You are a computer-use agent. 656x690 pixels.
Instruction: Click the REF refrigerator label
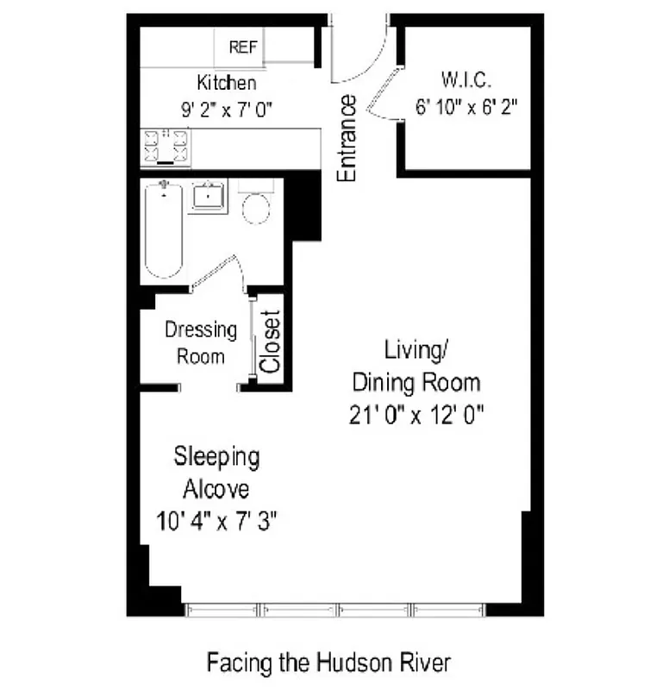coord(243,48)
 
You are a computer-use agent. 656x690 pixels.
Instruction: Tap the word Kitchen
coord(227,84)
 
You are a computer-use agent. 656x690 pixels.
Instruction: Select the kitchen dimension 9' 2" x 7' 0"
coord(227,109)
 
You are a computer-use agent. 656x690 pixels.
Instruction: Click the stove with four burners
coord(166,147)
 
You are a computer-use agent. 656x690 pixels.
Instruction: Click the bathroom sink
coord(208,198)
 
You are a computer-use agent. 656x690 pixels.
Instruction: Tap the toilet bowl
coord(256,207)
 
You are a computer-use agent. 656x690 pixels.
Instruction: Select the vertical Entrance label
coord(347,138)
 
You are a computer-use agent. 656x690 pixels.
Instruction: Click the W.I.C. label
coord(466,82)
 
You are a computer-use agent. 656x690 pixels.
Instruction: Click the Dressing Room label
coord(201,342)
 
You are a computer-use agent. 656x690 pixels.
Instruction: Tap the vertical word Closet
coord(271,342)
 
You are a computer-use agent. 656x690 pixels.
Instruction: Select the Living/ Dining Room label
coord(417,366)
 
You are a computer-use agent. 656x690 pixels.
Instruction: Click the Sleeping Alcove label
coord(216,472)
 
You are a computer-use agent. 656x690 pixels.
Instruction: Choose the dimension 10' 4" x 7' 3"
coord(216,521)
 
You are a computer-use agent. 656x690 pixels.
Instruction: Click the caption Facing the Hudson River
coord(328,662)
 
